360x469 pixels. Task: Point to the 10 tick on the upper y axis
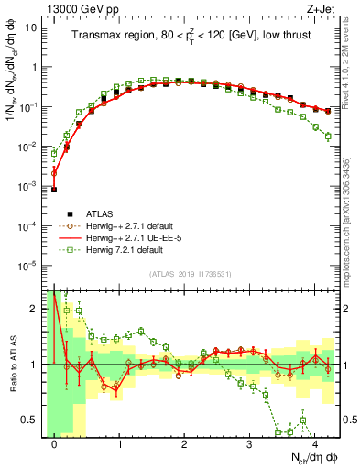[32, 27]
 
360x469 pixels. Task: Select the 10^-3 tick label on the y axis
[29, 186]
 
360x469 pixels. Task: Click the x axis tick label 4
[314, 443]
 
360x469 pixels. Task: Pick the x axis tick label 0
[54, 443]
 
